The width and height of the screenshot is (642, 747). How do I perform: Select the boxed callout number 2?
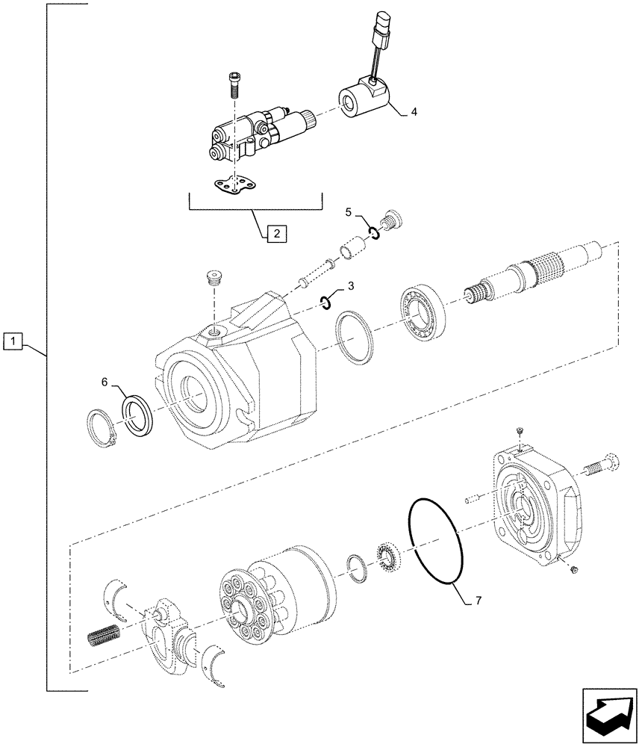tap(275, 234)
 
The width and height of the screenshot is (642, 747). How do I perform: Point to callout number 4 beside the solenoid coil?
tap(414, 113)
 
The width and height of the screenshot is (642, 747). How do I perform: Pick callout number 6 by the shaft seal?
tap(105, 382)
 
